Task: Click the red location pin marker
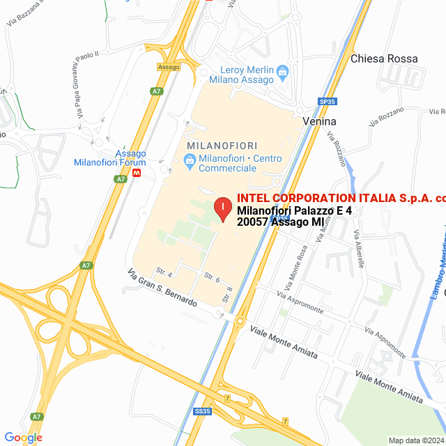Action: [222, 208]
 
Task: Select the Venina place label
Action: [320, 121]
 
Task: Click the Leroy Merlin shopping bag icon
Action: [282, 70]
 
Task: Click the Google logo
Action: [23, 437]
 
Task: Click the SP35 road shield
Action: [328, 101]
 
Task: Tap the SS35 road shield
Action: [202, 411]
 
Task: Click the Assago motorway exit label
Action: [169, 67]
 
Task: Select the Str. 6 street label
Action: [213, 279]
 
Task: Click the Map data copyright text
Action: [415, 440]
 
